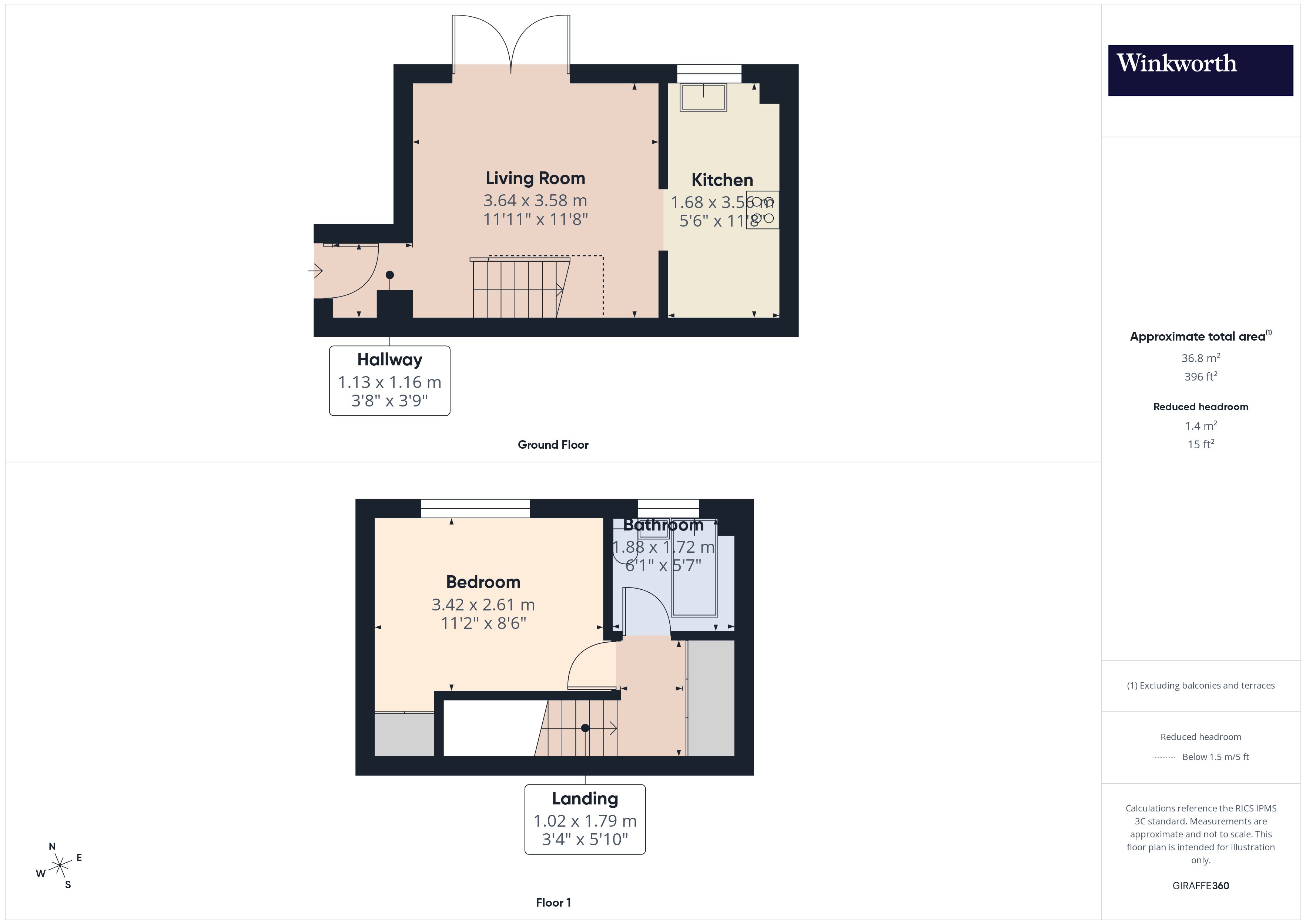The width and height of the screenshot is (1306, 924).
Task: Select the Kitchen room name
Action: [722, 180]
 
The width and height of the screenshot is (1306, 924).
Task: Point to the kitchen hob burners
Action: [762, 210]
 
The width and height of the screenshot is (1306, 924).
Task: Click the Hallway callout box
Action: [390, 380]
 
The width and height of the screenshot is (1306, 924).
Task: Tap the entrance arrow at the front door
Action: [316, 271]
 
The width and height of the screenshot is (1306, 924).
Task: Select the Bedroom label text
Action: [483, 582]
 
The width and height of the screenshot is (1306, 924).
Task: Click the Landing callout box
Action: [585, 819]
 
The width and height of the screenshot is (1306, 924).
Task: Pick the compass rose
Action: [59, 866]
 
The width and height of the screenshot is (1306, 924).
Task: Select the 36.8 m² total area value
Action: [1200, 358]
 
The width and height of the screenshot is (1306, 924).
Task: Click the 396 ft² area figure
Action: [1200, 376]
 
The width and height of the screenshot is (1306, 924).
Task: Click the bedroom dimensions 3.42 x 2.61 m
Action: [483, 604]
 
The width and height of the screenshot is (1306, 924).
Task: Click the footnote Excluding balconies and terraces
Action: [1200, 686]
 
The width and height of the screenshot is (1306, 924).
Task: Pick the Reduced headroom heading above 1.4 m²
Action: [1200, 407]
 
